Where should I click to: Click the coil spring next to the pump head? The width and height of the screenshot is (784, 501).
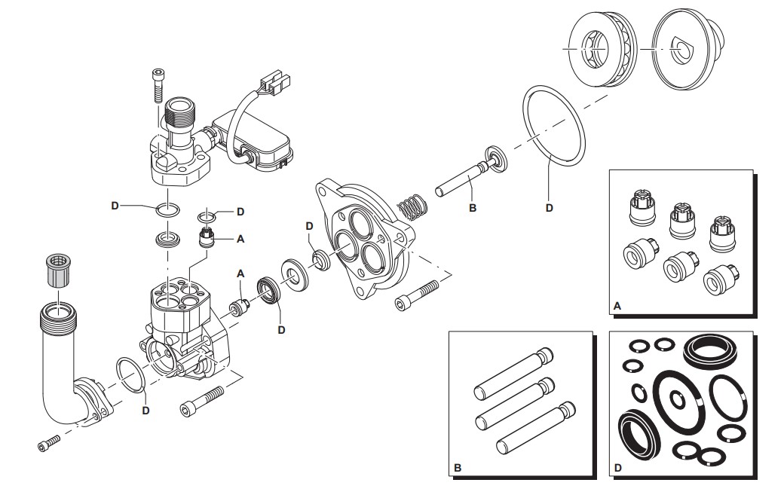[412, 206]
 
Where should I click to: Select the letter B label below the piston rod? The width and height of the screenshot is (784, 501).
[473, 208]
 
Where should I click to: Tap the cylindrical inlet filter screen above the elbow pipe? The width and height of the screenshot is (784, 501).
[59, 270]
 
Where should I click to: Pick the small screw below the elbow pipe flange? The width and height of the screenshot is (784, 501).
[48, 443]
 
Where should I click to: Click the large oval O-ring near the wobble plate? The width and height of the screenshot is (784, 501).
[553, 126]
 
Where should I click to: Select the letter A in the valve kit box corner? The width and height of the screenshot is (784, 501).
[617, 305]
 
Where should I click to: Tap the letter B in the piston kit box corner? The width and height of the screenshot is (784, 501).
[458, 468]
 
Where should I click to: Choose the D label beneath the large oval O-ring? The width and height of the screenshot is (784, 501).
[549, 208]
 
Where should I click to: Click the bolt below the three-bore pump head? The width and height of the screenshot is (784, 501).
[417, 296]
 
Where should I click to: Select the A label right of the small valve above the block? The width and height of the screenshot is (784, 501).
[240, 239]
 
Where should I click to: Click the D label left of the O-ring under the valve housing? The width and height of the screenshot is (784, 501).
[115, 205]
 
